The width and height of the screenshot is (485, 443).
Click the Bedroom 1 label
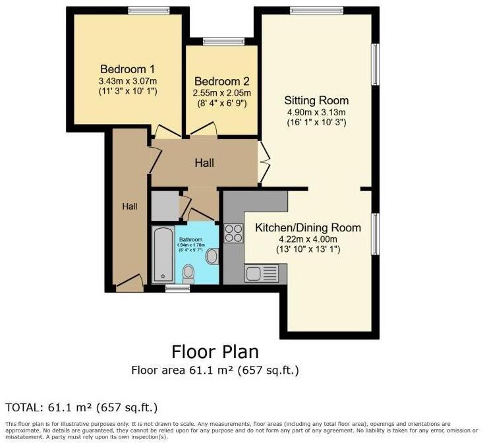click(x=127, y=69)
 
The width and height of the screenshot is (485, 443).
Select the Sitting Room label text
click(x=316, y=101)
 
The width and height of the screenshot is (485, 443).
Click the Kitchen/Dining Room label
click(x=308, y=228)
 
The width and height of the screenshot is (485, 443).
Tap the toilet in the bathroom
click(x=188, y=272)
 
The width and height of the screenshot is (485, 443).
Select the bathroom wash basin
click(x=212, y=256)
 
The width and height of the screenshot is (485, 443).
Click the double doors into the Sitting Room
click(x=264, y=162)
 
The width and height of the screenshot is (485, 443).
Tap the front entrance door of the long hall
click(x=129, y=282)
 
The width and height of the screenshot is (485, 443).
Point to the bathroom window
click(x=173, y=287)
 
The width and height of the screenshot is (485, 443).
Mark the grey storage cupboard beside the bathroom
click(x=164, y=206)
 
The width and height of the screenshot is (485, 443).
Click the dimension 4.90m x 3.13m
click(x=316, y=112)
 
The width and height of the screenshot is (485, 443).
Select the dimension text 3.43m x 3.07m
click(x=127, y=80)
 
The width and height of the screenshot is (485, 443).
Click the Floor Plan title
click(x=215, y=351)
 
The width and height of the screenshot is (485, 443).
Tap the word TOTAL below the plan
click(x=25, y=407)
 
